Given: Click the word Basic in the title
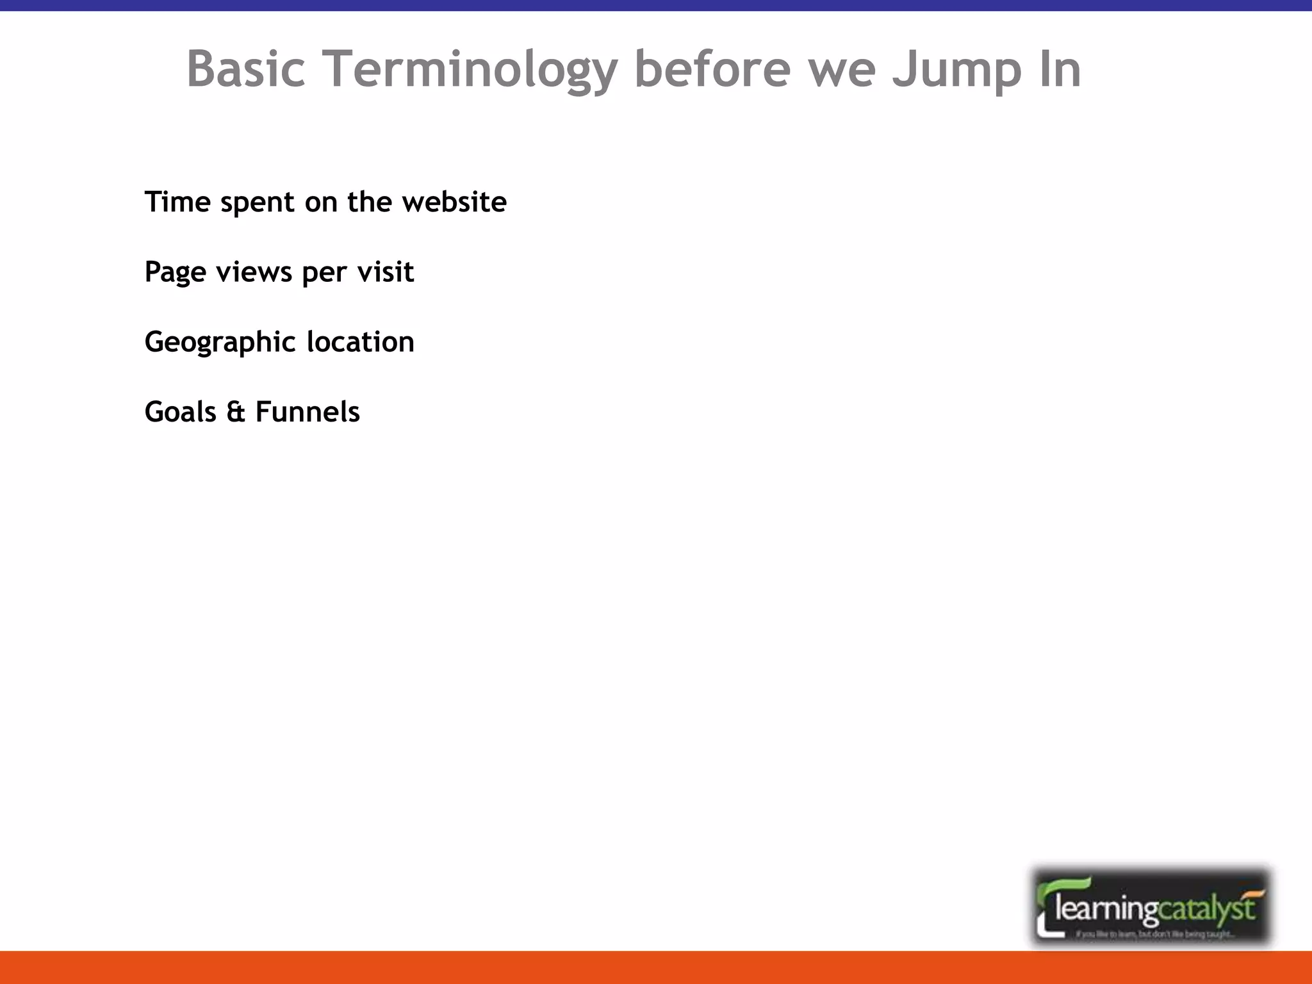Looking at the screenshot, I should tap(245, 69).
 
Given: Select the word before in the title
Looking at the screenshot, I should tap(712, 69).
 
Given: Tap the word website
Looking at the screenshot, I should tap(454, 202).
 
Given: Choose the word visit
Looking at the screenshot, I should tap(385, 272).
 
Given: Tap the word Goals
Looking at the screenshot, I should tap(180, 411).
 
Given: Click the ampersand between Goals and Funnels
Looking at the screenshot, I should tap(236, 412).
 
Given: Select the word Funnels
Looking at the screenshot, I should tap(307, 411).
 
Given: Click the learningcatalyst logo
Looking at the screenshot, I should tap(1151, 906).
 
